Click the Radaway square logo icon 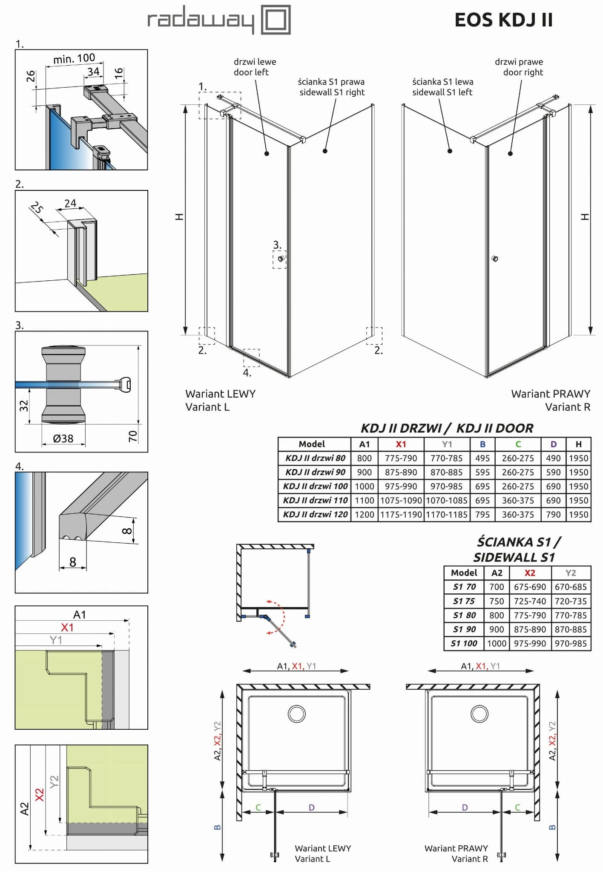pos(276,20)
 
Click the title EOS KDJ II pos(503,20)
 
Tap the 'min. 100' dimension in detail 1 pos(74,58)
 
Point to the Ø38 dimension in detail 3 pos(63,438)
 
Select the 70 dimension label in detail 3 pos(133,435)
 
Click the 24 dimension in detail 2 pos(70,204)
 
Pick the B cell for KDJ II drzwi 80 pos(482,458)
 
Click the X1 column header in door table pos(401,444)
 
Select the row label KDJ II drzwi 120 pos(315,515)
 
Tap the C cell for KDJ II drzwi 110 pos(518,501)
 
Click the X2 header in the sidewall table pos(530,573)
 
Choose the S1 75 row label pos(464,601)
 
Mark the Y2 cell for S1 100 pos(571,643)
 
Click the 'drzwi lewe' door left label pos(254,67)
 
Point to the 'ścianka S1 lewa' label pos(442,86)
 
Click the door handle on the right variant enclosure pos(494,259)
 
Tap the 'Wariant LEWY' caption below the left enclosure pos(220,394)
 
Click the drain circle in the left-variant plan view pos(296,714)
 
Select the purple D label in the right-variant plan pos(465,807)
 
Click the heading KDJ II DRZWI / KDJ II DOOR pos(447,428)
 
